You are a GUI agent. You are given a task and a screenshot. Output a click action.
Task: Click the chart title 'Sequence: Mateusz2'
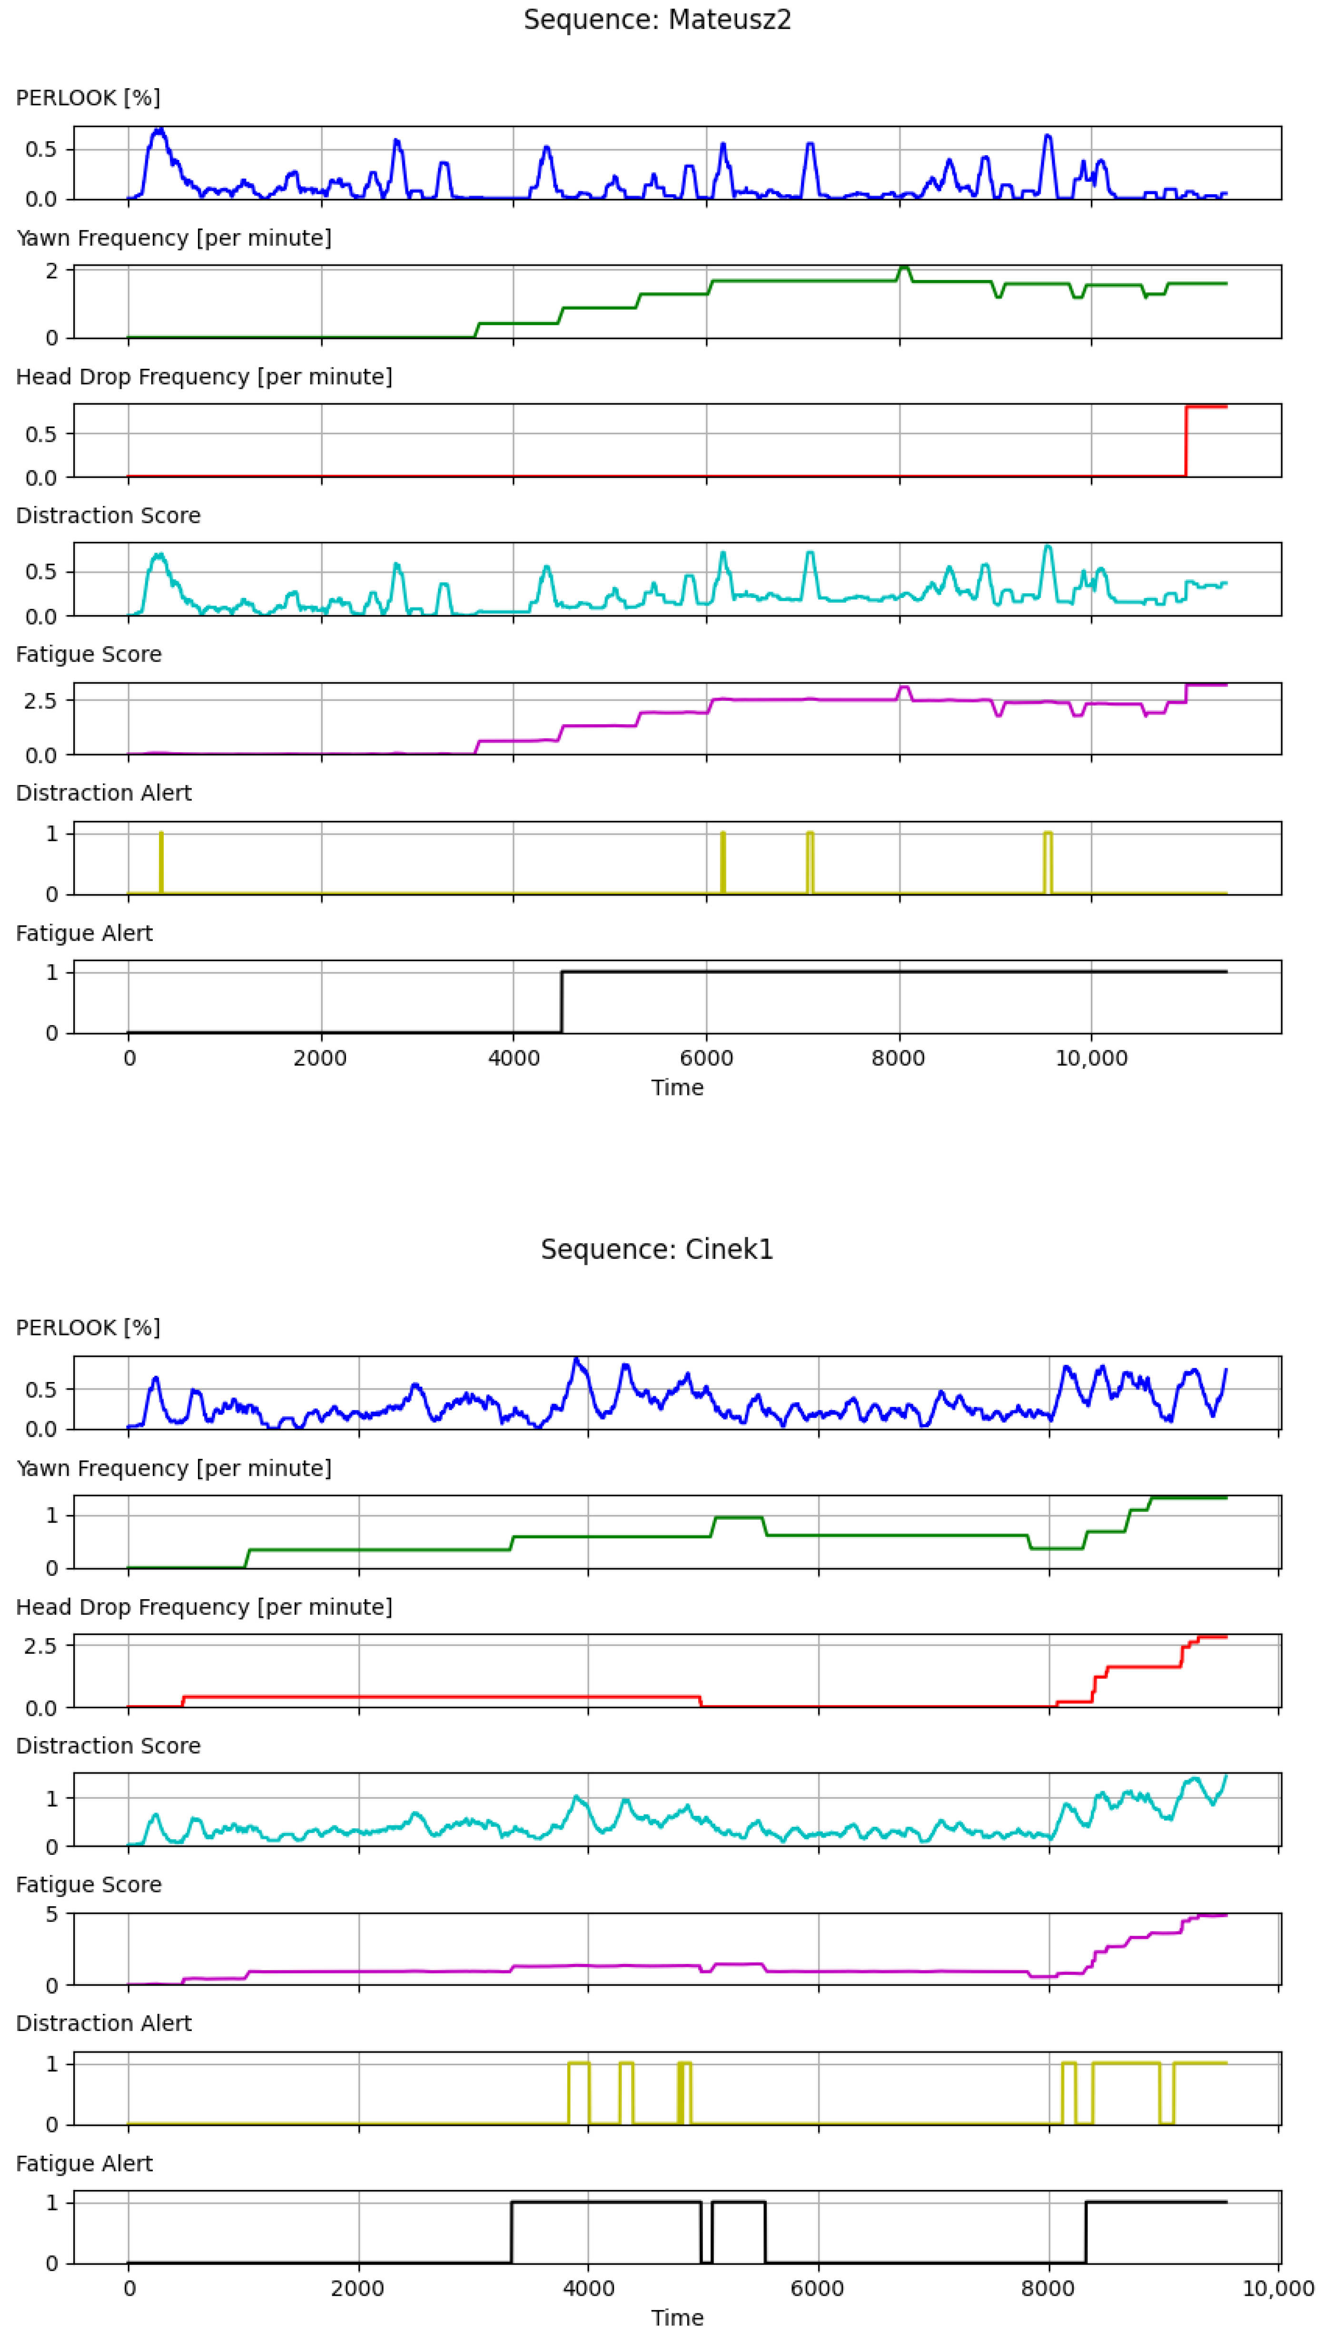pyautogui.click(x=657, y=20)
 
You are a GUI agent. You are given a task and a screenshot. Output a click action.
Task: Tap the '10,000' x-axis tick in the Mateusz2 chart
pyautogui.click(x=1091, y=1058)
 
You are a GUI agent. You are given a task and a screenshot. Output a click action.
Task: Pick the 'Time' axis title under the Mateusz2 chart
pyautogui.click(x=677, y=1088)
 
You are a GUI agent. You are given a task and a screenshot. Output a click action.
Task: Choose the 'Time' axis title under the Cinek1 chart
pyautogui.click(x=677, y=2318)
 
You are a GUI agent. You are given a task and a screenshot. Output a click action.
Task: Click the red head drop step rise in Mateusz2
pyautogui.click(x=1186, y=441)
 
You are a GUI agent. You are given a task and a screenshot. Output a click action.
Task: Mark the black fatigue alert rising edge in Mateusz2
pyautogui.click(x=562, y=1002)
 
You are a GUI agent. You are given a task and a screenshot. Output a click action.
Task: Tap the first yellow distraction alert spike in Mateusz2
pyautogui.click(x=161, y=862)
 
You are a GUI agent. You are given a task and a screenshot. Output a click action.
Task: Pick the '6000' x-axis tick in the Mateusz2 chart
pyautogui.click(x=707, y=1058)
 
